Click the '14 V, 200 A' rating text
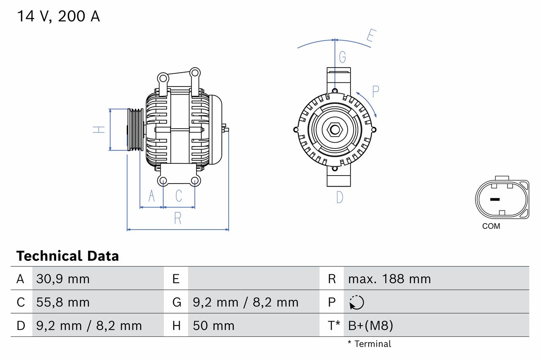[x=58, y=16]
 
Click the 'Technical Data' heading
[x=67, y=256]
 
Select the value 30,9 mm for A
[x=63, y=279]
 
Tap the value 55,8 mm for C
[x=63, y=302]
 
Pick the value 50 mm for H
[x=213, y=325]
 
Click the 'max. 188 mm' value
[x=389, y=279]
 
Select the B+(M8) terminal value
[x=370, y=325]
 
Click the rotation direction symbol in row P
[x=356, y=302]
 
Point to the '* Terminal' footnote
[x=370, y=344]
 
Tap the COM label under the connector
[x=491, y=226]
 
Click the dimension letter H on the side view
[x=99, y=130]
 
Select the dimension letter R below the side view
[x=178, y=218]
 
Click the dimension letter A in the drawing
[x=151, y=196]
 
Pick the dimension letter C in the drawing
[x=179, y=196]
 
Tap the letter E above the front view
[x=370, y=37]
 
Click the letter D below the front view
[x=340, y=197]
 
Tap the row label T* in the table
[x=334, y=325]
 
